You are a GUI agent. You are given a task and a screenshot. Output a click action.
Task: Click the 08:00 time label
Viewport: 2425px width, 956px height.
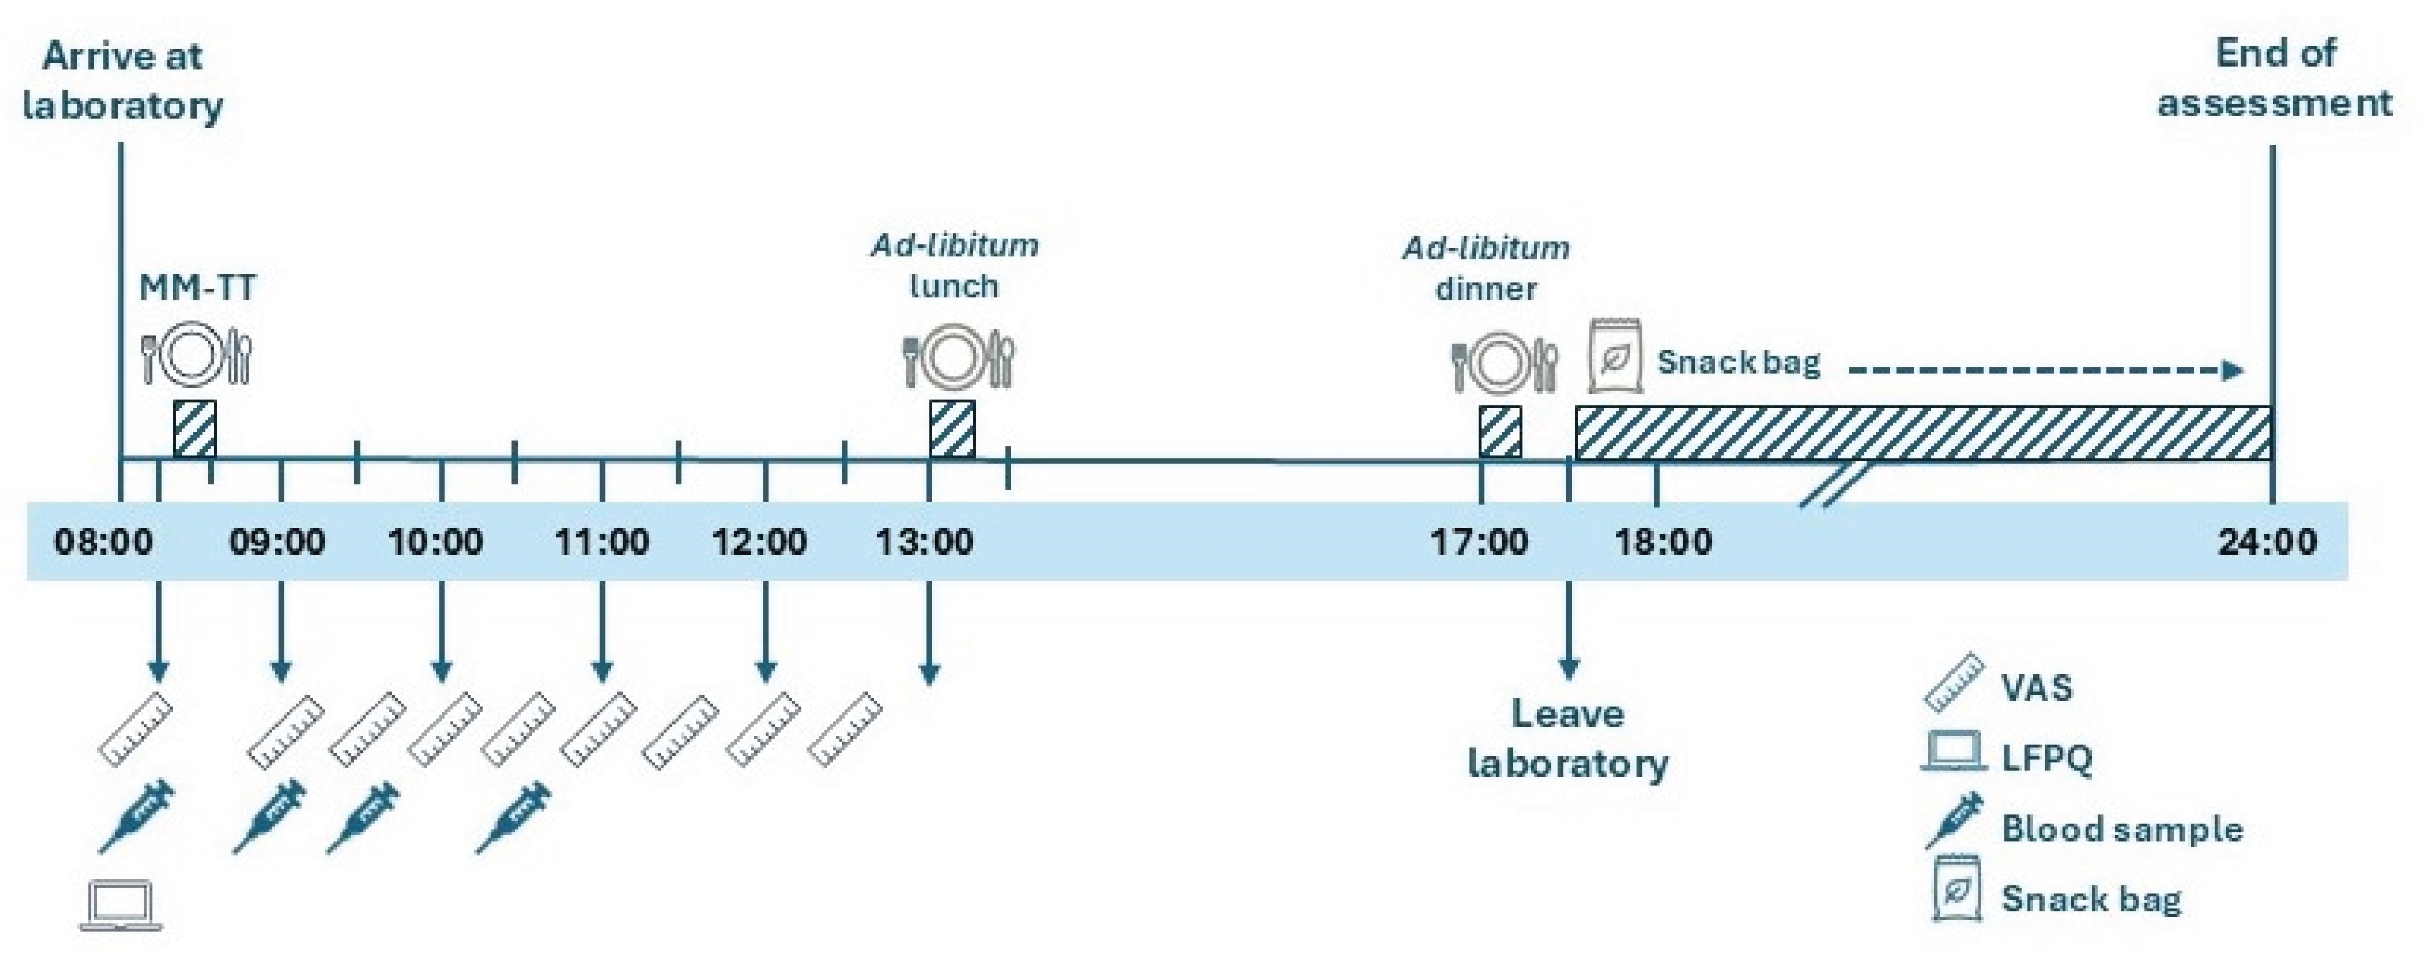(104, 542)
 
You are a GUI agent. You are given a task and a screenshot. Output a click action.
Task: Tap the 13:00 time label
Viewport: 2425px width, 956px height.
(925, 542)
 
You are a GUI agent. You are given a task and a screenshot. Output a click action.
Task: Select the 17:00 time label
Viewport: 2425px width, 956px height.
(1479, 542)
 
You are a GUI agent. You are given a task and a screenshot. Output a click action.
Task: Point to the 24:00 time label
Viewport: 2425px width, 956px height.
(2268, 542)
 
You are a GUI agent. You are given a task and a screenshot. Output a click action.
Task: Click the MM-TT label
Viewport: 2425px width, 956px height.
(197, 287)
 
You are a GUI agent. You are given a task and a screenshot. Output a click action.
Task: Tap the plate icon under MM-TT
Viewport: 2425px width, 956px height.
(196, 356)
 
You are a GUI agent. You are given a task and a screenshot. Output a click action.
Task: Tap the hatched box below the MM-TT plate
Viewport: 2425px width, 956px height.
(195, 429)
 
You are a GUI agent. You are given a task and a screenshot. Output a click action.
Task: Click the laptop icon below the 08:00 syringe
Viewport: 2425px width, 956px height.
(121, 905)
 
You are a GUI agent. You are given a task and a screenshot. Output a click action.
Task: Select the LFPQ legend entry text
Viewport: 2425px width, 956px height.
(2047, 757)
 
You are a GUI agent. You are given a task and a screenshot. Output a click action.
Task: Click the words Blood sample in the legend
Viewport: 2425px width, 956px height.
(2122, 829)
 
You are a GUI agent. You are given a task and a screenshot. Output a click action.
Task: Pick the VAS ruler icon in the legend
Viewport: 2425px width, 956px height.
(1952, 683)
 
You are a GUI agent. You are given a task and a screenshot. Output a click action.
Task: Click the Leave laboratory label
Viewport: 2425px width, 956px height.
(1568, 738)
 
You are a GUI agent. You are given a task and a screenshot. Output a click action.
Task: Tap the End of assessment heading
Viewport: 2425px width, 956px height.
(2274, 77)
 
